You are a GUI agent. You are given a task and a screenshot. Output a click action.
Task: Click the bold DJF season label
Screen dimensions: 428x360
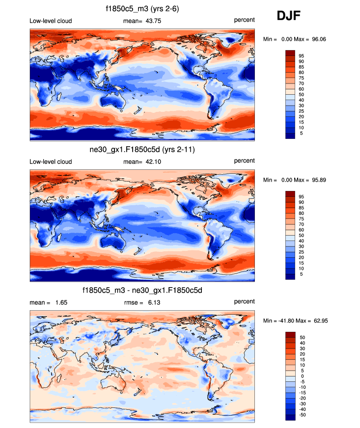(289, 16)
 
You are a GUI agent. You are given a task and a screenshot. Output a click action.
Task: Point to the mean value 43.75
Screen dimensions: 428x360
(149, 21)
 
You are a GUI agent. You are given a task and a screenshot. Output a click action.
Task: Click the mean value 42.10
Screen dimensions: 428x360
(149, 162)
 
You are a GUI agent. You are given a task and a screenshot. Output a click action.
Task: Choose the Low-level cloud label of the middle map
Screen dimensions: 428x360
(51, 162)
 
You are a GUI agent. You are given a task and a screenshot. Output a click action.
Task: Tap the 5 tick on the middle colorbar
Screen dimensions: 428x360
(301, 274)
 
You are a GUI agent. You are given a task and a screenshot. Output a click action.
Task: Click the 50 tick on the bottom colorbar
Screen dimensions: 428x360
(301, 338)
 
